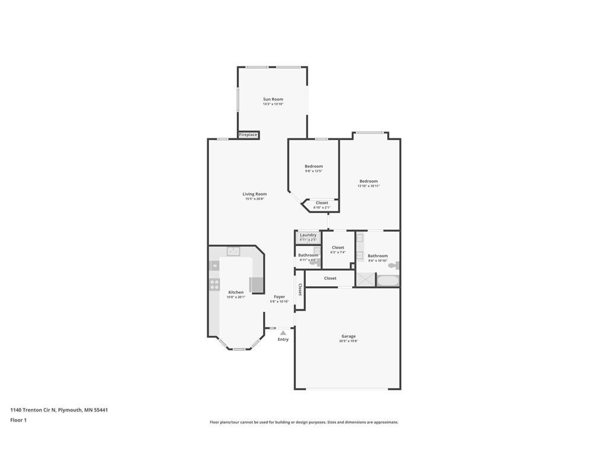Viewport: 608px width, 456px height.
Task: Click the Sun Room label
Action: [273, 99]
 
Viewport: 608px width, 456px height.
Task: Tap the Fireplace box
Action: [248, 135]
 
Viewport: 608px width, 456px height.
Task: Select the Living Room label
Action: [254, 194]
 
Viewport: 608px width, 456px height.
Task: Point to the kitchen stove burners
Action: [214, 284]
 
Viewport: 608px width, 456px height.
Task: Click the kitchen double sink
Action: [234, 251]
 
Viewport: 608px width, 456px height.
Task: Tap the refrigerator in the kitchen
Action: [256, 285]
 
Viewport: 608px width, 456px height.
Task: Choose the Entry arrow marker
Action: [283, 333]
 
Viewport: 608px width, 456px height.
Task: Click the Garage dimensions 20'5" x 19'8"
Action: [349, 341]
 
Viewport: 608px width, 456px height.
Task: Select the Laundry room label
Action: [308, 235]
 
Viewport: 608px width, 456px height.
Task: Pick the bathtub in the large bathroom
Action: [388, 280]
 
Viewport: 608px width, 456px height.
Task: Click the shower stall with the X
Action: [365, 280]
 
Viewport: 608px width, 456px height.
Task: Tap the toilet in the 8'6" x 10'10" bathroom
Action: [394, 265]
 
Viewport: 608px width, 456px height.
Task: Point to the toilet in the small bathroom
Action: [313, 262]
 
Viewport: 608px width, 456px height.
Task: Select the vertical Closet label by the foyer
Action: [300, 289]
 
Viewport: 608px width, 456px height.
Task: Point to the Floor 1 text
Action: [18, 420]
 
